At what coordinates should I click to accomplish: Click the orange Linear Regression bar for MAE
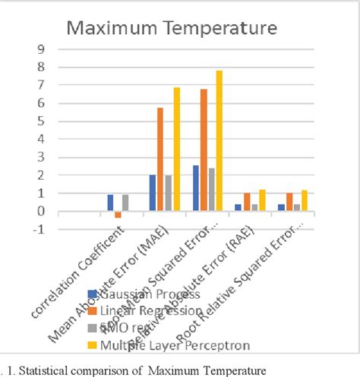click(160, 159)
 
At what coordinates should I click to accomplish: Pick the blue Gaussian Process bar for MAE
click(152, 193)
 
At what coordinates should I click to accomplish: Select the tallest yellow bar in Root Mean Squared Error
click(219, 141)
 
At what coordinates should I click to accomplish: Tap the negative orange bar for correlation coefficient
click(118, 215)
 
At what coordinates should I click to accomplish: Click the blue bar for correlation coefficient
click(109, 203)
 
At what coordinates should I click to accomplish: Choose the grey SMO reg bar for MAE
click(169, 193)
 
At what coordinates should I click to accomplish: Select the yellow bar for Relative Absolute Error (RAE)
click(261, 200)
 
